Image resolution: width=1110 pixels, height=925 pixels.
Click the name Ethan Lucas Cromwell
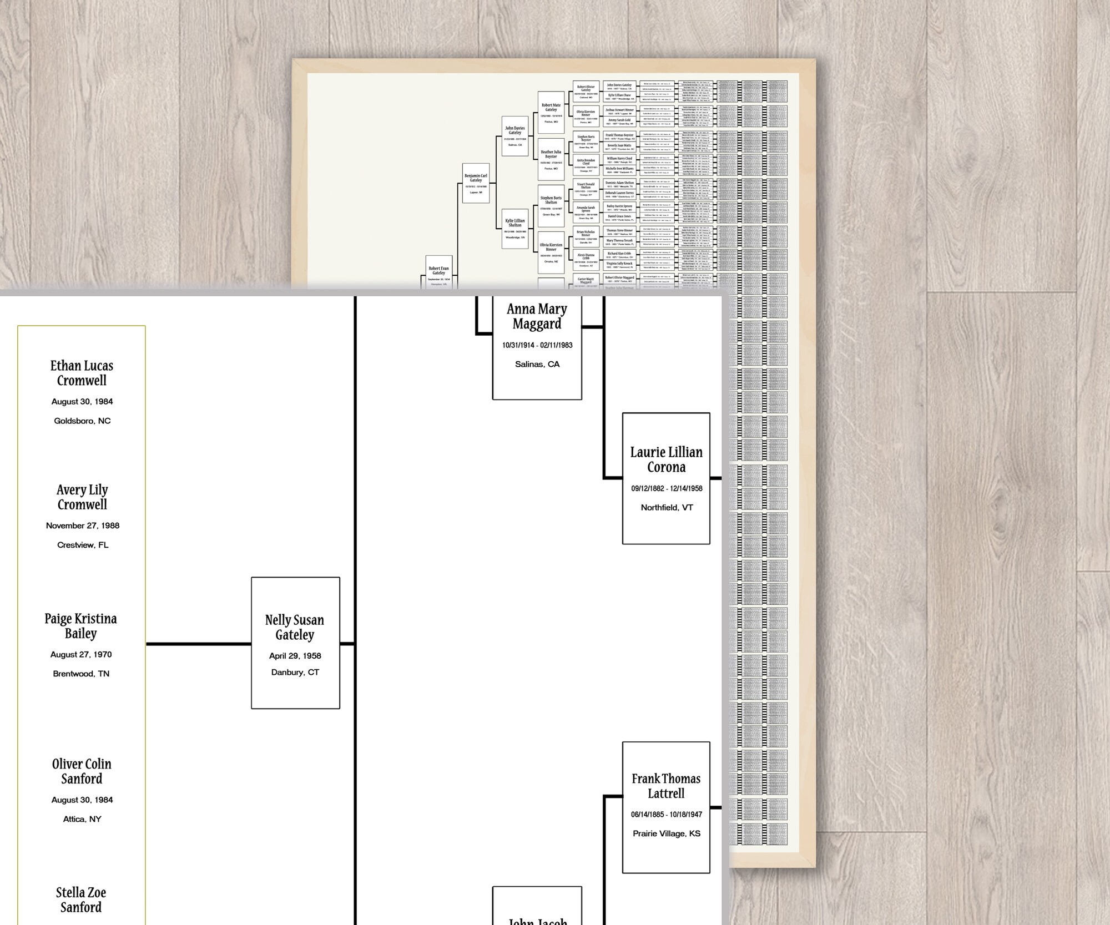click(x=82, y=373)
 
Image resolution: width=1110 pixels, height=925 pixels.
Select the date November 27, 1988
click(x=83, y=525)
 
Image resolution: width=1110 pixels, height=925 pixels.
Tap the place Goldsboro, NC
click(x=82, y=421)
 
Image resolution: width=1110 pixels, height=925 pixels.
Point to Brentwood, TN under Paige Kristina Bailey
click(x=81, y=674)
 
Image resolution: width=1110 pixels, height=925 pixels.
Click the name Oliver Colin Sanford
click(x=82, y=771)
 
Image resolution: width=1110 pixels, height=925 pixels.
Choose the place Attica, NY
click(x=82, y=819)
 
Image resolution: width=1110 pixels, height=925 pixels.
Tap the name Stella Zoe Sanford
click(x=81, y=900)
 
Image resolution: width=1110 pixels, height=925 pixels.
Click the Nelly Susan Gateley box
click(x=295, y=643)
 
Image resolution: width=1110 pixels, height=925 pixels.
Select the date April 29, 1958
click(x=295, y=656)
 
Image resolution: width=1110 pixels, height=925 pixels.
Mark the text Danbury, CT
click(x=295, y=673)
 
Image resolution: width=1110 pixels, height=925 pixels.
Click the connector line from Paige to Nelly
click(x=198, y=644)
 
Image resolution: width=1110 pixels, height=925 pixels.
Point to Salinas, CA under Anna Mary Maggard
click(x=537, y=364)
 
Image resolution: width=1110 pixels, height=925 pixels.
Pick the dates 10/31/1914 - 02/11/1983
click(x=537, y=345)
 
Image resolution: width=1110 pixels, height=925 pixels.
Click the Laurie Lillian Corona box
click(x=666, y=478)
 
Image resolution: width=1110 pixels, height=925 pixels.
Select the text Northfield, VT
click(x=667, y=507)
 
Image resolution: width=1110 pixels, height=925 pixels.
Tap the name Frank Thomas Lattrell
click(x=666, y=786)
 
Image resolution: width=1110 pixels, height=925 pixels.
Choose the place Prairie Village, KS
click(x=667, y=833)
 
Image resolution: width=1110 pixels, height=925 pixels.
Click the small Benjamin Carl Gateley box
click(x=476, y=183)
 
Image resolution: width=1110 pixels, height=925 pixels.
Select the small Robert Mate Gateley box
click(x=551, y=112)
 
